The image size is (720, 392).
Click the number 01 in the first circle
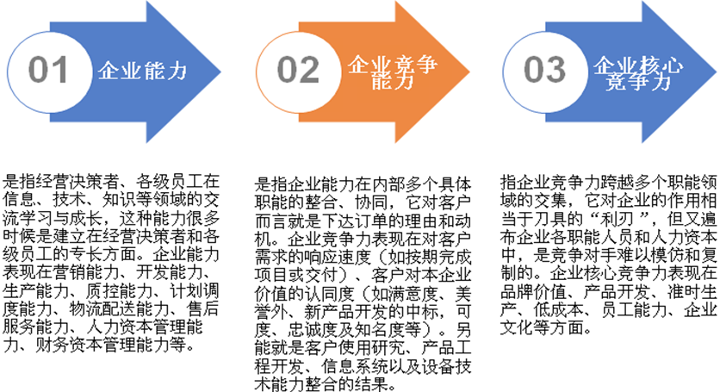coord(47,70)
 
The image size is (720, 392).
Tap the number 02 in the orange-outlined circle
coord(298,70)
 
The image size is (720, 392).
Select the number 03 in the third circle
coord(544,70)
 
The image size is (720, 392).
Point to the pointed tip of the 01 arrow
coord(220,72)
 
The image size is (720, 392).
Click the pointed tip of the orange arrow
coord(469,72)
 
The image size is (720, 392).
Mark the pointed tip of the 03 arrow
coord(716,72)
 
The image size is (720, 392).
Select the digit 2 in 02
coord(309,70)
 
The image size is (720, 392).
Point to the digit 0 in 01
coord(37,70)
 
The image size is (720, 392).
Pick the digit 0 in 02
coord(287,70)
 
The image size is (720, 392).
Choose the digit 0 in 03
coord(533,70)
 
